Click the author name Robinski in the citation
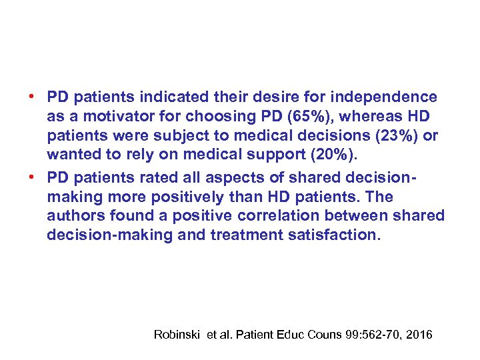[x=177, y=334]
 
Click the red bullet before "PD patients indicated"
[x=31, y=96]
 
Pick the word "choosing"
[x=221, y=117]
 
